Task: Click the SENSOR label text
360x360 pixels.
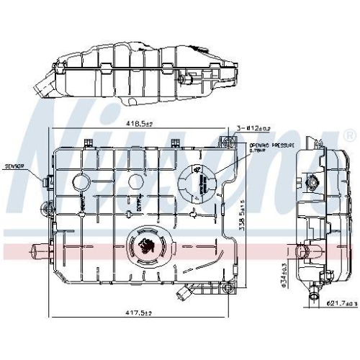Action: [14, 166]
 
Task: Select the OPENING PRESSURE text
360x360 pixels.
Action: [264, 146]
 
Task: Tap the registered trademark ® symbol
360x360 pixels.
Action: [349, 135]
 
